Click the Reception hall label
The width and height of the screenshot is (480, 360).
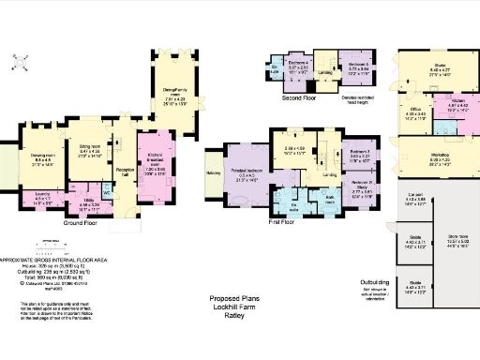pos(122,172)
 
